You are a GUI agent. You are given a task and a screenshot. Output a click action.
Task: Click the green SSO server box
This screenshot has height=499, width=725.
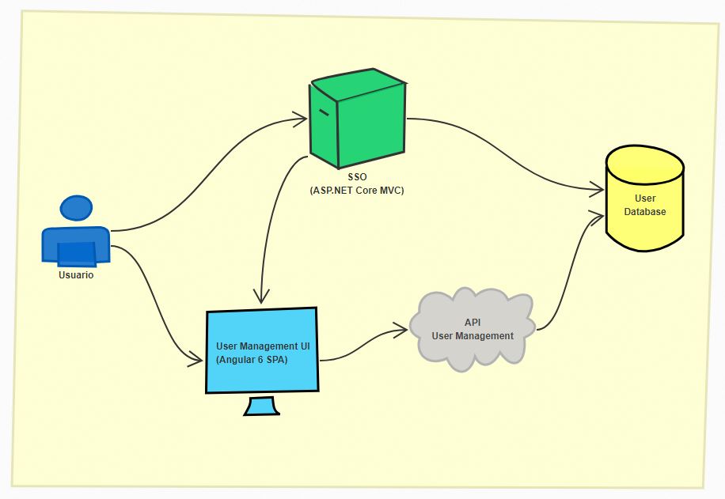coord(358,119)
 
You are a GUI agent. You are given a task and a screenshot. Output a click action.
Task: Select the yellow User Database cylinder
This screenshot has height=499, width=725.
coord(645,198)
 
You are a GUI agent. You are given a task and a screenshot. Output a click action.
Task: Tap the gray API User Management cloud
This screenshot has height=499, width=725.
coord(472,330)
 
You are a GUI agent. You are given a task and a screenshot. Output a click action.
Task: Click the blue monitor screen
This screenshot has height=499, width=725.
coord(262,350)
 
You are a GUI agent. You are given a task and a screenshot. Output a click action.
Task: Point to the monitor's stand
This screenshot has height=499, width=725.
coord(262,406)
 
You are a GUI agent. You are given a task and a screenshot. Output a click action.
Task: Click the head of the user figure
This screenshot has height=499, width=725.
coord(76,208)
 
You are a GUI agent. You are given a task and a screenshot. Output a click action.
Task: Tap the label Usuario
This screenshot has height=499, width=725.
coord(76,275)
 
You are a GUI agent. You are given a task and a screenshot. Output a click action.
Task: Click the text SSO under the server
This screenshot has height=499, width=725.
coord(358,177)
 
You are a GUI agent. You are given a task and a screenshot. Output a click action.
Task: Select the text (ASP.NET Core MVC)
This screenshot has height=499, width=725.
coord(357,191)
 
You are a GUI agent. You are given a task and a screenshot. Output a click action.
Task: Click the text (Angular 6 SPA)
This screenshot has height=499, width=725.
coord(252,360)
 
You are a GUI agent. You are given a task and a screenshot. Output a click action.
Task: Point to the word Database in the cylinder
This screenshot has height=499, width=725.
coord(645,212)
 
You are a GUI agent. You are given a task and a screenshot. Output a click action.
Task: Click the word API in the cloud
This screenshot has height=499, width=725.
coord(473,323)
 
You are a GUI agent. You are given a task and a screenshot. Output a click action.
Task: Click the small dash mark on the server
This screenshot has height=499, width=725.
coord(324,112)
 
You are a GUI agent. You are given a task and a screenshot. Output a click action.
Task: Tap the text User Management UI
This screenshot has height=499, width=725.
coord(263,346)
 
